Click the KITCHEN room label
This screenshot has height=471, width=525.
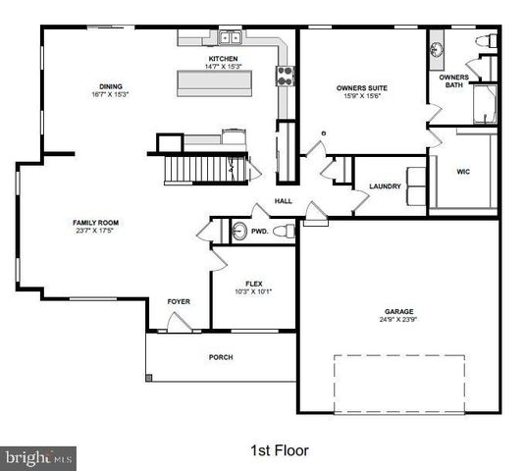click(x=223, y=59)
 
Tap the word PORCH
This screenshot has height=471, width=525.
click(x=221, y=357)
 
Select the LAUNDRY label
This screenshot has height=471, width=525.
click(x=385, y=186)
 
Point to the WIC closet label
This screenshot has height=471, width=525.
click(x=464, y=171)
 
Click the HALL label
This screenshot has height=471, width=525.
click(x=283, y=201)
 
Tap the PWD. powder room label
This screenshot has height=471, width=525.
click(x=260, y=233)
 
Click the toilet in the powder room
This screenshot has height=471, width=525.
click(x=283, y=232)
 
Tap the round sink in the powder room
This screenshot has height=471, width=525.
click(x=238, y=232)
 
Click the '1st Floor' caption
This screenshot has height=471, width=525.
click(x=281, y=450)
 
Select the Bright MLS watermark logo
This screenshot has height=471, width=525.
click(x=38, y=457)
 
